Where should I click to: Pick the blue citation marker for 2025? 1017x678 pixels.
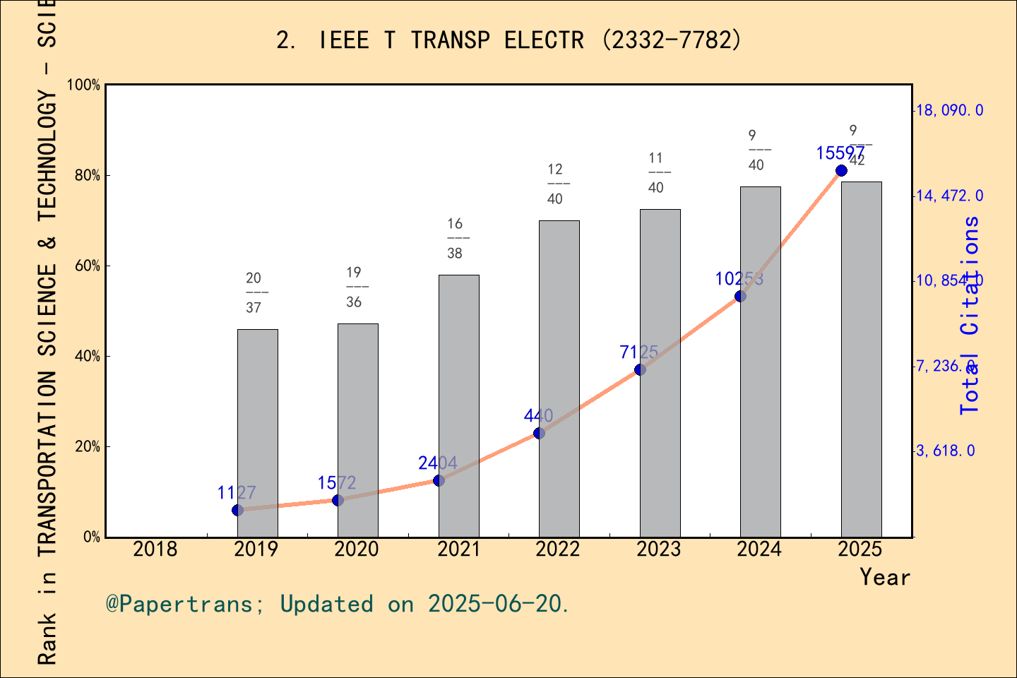[x=841, y=171]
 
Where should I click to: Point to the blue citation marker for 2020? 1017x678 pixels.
[x=338, y=500]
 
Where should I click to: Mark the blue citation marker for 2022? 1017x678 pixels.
[x=539, y=433]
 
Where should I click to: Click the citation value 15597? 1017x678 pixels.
[x=840, y=153]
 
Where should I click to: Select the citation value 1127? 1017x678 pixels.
[x=237, y=492]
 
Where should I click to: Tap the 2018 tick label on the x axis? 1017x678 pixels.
[x=155, y=549]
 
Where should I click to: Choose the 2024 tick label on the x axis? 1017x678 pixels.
[x=759, y=549]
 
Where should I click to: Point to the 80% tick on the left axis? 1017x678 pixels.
[x=88, y=175]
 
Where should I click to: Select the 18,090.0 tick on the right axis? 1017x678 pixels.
[x=949, y=110]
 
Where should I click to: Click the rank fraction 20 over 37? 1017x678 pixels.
[x=254, y=292]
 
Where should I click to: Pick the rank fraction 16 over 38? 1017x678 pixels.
[x=456, y=238]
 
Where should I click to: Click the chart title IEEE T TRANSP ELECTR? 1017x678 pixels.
[x=509, y=40]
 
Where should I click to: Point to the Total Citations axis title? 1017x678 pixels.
[x=970, y=315]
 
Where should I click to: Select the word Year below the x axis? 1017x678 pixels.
[x=885, y=577]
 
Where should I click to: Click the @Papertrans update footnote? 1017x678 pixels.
[x=338, y=604]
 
